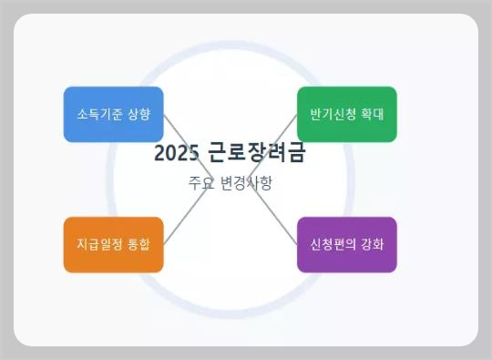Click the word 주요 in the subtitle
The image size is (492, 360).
200,182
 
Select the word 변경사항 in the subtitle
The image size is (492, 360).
246,182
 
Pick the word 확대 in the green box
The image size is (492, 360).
372,115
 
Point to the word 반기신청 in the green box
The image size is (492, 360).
333,115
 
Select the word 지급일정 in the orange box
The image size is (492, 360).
99,244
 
